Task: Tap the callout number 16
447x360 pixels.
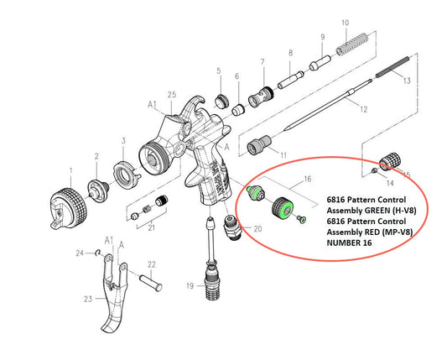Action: pyautogui.click(x=308, y=178)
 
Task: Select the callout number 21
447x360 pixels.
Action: pyautogui.click(x=151, y=227)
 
